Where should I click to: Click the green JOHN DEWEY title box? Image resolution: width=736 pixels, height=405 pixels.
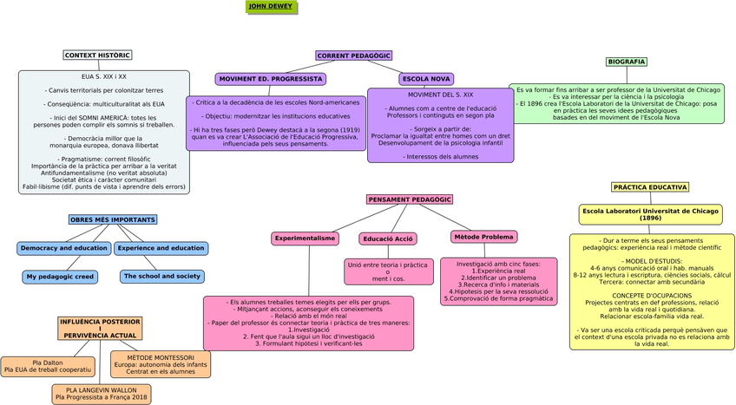[271, 7]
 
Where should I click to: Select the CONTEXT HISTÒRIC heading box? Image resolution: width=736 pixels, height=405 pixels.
[97, 56]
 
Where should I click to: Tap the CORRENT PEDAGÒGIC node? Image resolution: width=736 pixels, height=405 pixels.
[353, 56]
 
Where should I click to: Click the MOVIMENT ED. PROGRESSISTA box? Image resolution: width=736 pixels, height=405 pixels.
[271, 79]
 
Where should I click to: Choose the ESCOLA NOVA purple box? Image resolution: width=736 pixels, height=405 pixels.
[426, 79]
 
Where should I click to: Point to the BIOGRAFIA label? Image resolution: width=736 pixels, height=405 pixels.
[626, 62]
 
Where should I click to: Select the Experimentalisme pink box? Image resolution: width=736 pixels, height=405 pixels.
[305, 238]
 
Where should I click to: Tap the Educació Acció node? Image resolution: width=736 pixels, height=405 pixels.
[388, 238]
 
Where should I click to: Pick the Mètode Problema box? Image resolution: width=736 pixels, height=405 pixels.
[483, 237]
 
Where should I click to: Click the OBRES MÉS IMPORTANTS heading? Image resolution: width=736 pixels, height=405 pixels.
[113, 220]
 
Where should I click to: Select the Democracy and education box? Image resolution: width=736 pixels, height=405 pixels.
[64, 249]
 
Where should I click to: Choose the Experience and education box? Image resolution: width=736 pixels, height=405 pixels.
[161, 249]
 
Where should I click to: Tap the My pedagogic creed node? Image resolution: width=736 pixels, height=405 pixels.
[60, 278]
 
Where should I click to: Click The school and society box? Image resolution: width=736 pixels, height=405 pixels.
[161, 277]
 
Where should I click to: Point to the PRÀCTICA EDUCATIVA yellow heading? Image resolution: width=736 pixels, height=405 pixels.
[650, 187]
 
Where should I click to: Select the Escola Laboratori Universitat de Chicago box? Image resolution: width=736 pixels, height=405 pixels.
[650, 214]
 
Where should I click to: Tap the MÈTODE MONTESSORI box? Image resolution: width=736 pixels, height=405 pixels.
[161, 364]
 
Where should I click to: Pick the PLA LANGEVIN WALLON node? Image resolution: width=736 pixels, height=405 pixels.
[102, 395]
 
